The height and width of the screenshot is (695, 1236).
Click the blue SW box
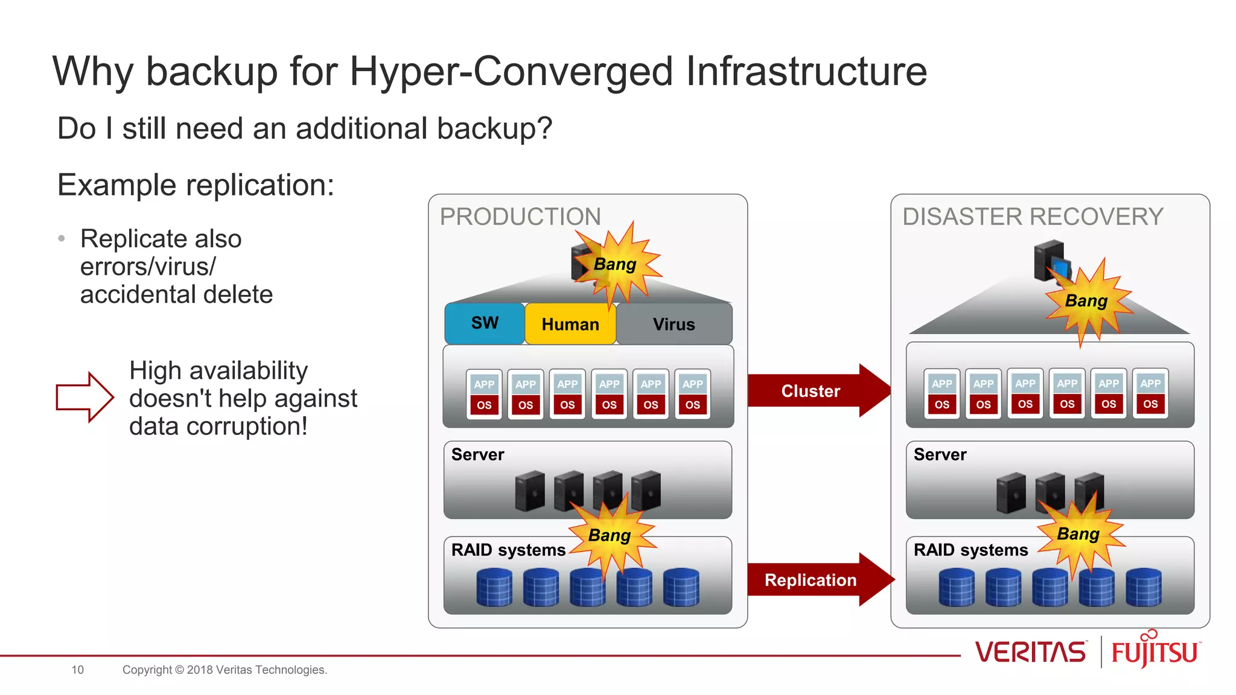(x=485, y=323)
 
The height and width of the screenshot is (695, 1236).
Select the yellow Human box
(x=570, y=325)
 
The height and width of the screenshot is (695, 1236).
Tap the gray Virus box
(x=674, y=325)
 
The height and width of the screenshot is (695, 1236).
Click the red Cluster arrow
(x=811, y=391)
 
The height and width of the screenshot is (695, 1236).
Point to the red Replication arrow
(x=811, y=580)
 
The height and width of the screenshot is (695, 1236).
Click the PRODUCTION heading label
(x=520, y=217)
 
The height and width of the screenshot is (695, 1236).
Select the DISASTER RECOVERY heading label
(x=1033, y=217)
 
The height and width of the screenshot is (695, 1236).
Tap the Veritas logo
(x=1030, y=652)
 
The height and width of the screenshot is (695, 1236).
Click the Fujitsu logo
(x=1155, y=651)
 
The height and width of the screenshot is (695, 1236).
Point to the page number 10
(x=78, y=670)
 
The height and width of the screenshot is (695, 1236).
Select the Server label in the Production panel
(x=477, y=454)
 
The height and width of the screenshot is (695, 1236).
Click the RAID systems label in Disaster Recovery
(x=970, y=550)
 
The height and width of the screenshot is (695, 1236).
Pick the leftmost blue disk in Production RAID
(x=494, y=587)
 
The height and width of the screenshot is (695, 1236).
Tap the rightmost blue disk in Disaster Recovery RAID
(x=1143, y=587)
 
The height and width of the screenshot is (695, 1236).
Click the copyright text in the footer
(x=225, y=670)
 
